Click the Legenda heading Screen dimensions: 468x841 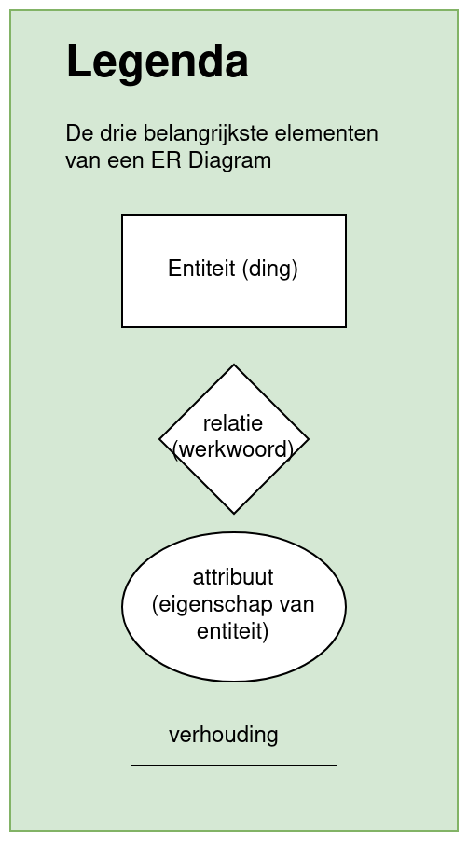click(157, 62)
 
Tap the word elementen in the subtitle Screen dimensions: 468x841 click(326, 133)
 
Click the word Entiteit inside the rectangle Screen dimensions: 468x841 click(201, 269)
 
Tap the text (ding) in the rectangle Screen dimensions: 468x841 click(269, 269)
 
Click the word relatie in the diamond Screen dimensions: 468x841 click(233, 423)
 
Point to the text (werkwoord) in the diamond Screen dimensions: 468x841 click(233, 449)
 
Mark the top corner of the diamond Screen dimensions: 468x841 click(234, 365)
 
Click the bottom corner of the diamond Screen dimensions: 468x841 click(234, 514)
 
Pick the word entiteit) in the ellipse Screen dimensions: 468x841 click(232, 630)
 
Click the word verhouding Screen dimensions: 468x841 click(224, 735)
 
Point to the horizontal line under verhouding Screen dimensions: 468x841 click(234, 765)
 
